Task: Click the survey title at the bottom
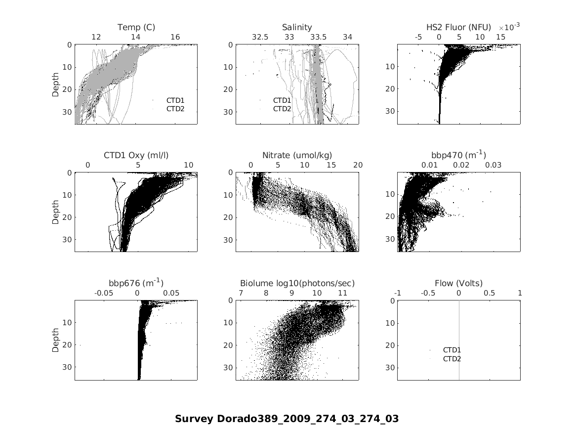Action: (287, 419)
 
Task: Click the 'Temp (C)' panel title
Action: (136, 27)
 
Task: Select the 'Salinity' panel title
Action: (297, 27)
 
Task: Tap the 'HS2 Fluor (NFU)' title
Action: (458, 27)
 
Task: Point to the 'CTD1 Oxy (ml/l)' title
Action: (136, 155)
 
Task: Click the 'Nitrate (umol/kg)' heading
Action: (297, 155)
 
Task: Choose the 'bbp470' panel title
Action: (458, 155)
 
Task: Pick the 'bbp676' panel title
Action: (136, 283)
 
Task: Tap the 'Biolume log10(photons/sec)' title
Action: (297, 283)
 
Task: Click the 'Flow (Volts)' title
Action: (458, 283)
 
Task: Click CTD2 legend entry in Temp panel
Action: (175, 109)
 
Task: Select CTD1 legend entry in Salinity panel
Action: (282, 100)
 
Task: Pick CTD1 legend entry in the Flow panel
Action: (452, 350)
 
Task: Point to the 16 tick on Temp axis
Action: (175, 37)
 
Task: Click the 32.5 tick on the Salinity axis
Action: (260, 37)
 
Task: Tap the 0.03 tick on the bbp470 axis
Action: (493, 165)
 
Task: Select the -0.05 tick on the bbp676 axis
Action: (104, 293)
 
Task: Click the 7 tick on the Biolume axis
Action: (240, 293)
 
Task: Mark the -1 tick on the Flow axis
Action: (398, 293)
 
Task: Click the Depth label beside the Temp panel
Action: (56, 84)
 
